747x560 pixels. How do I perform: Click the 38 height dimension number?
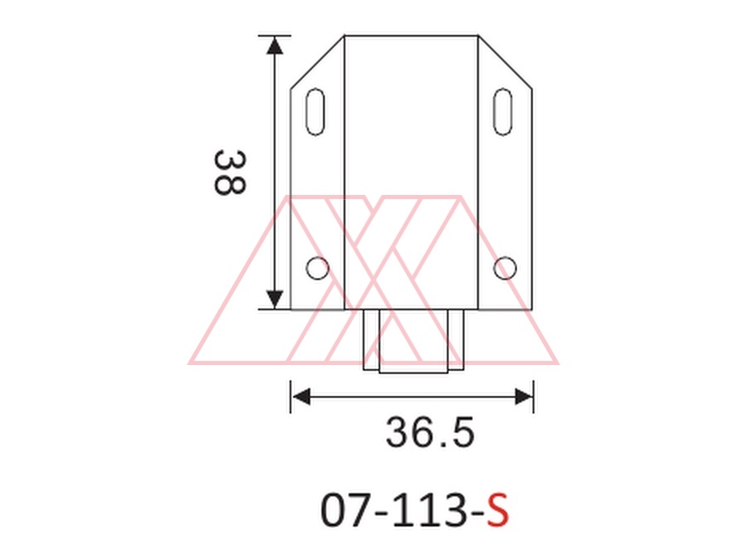(x=230, y=173)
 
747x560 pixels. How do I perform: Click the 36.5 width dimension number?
(x=430, y=432)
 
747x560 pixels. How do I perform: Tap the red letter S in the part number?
(x=498, y=510)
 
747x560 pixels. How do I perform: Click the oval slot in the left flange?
(x=315, y=111)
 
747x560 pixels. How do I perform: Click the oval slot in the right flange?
(x=503, y=111)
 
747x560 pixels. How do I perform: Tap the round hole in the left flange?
(x=317, y=268)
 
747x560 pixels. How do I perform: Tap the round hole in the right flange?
(x=505, y=268)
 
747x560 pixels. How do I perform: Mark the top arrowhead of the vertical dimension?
(x=275, y=45)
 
